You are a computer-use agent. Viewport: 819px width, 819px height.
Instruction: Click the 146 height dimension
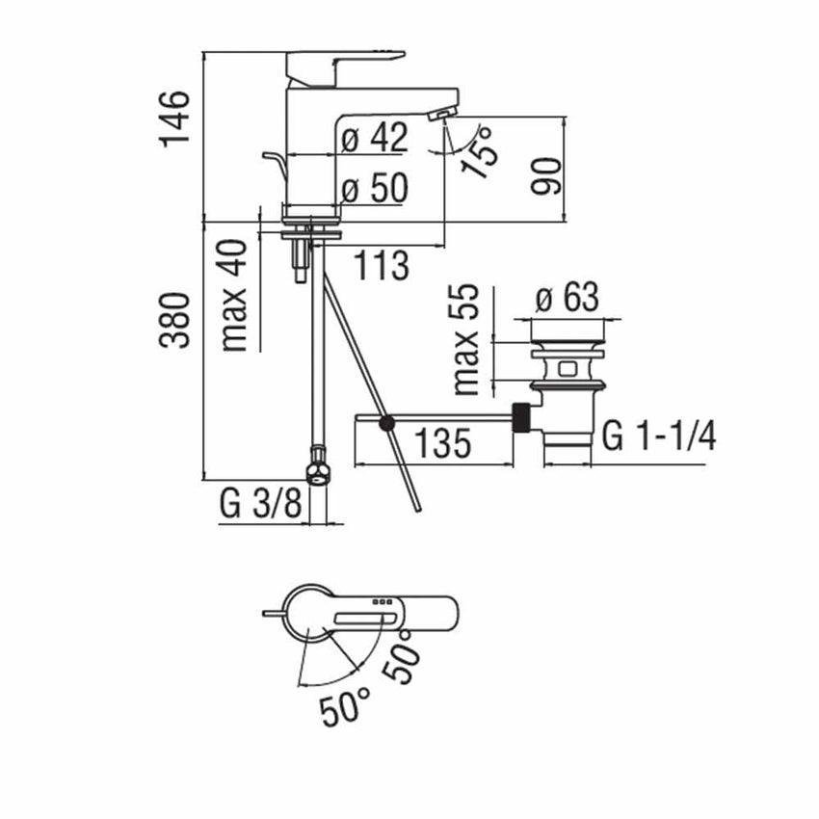[x=174, y=119]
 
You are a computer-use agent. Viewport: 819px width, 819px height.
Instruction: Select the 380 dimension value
[x=174, y=320]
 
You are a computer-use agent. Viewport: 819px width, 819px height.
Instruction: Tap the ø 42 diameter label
[x=375, y=138]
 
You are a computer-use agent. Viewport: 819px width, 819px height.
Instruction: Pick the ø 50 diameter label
[x=375, y=188]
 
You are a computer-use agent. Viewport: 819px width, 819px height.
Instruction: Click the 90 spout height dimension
[x=546, y=175]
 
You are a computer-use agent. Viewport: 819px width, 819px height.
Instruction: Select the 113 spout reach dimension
[x=382, y=265]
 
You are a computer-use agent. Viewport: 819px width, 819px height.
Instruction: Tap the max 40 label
[x=233, y=296]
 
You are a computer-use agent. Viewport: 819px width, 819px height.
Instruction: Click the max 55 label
[x=466, y=339]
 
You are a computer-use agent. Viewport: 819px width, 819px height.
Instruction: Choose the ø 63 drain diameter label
[x=568, y=297]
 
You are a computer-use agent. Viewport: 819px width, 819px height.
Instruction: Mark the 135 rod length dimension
[x=442, y=442]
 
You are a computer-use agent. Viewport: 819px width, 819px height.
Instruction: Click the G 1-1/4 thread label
[x=659, y=436]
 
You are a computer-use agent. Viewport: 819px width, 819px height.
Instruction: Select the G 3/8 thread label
[x=261, y=504]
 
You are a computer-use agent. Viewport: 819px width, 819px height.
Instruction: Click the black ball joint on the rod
[x=387, y=424]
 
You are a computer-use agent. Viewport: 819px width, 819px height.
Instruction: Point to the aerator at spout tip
[x=442, y=115]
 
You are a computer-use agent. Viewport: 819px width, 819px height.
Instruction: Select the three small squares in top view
[x=382, y=602]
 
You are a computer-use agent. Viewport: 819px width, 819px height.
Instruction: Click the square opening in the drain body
[x=568, y=369]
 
